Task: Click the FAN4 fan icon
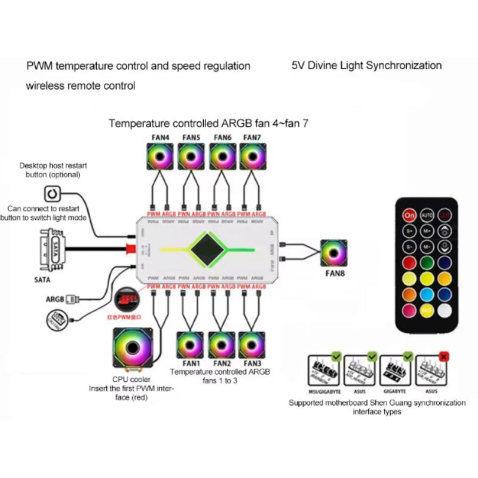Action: [x=160, y=157]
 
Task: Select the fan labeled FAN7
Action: [x=253, y=157]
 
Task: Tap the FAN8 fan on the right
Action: [x=335, y=253]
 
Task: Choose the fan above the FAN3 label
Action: [x=252, y=345]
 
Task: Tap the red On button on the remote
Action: [x=409, y=214]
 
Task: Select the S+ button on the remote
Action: [x=409, y=229]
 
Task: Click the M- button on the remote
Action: [x=426, y=246]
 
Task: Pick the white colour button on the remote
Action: [x=444, y=310]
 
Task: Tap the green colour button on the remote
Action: [x=427, y=262]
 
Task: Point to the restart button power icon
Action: [x=53, y=194]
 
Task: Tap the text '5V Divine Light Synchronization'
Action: [x=366, y=65]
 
